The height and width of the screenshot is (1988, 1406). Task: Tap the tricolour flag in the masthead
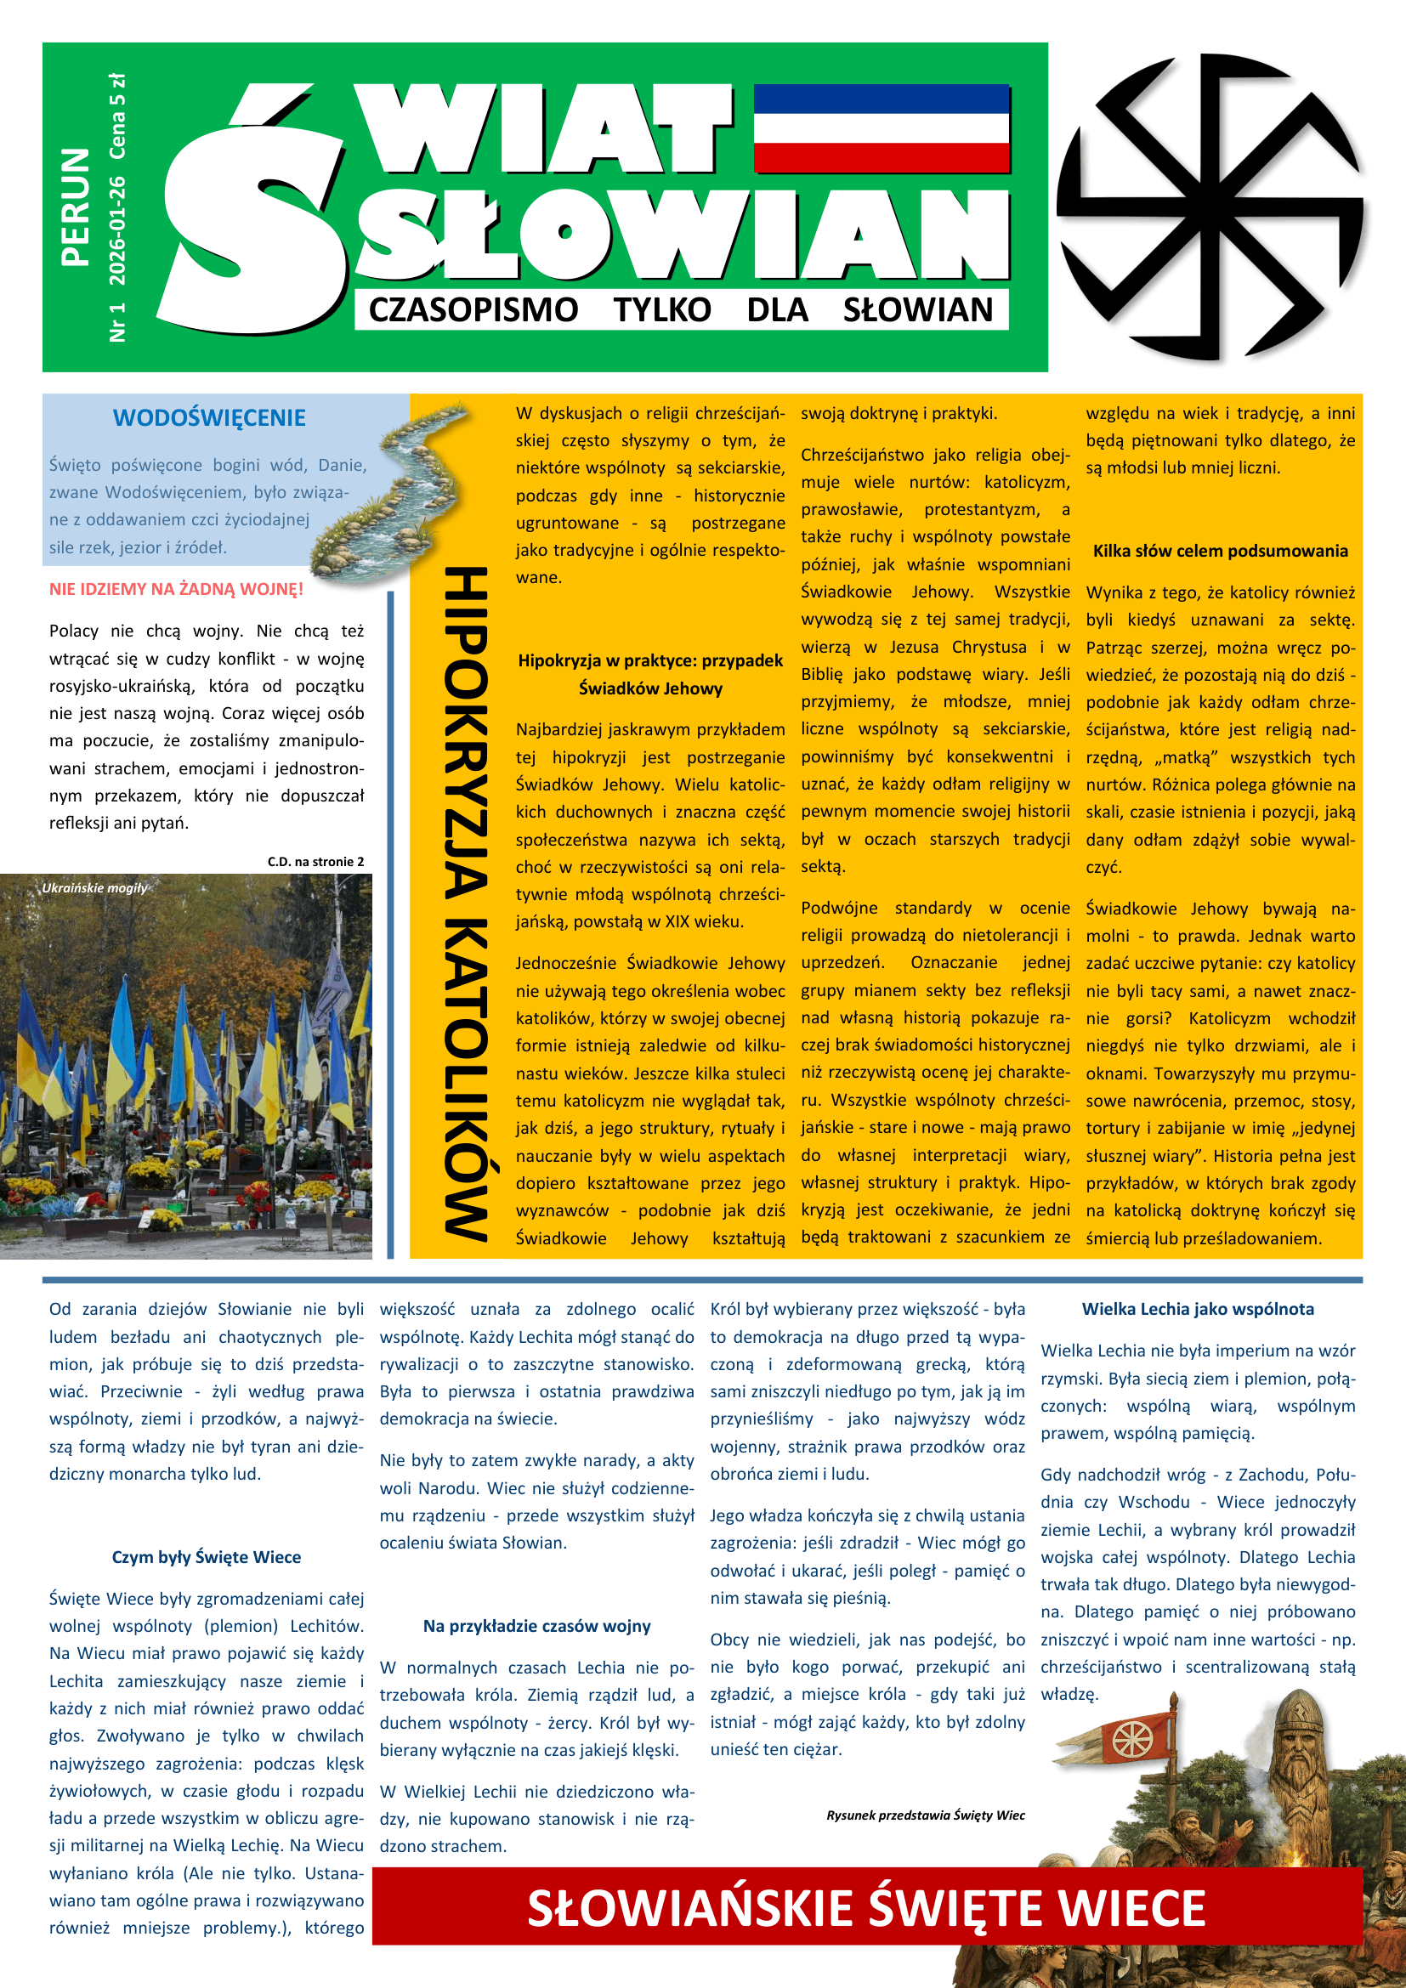pyautogui.click(x=881, y=128)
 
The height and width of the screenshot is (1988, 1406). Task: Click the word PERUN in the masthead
pyautogui.click(x=76, y=206)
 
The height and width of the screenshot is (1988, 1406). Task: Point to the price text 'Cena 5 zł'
pyautogui.click(x=116, y=116)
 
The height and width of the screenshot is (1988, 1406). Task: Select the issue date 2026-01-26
pyautogui.click(x=116, y=230)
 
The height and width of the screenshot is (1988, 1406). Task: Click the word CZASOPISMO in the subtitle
pyautogui.click(x=473, y=309)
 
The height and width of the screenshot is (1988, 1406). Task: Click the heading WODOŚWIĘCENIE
pyautogui.click(x=208, y=418)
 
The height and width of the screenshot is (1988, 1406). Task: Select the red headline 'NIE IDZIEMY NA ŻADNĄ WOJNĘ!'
pyautogui.click(x=176, y=590)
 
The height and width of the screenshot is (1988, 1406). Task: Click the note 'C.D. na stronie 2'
pyautogui.click(x=315, y=862)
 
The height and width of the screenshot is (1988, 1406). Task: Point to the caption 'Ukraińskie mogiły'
pyautogui.click(x=94, y=887)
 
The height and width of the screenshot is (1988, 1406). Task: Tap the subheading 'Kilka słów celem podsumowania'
pyautogui.click(x=1220, y=551)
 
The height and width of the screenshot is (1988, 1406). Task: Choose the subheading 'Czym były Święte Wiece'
pyautogui.click(x=206, y=1557)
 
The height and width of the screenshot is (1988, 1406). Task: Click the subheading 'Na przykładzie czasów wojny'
pyautogui.click(x=536, y=1626)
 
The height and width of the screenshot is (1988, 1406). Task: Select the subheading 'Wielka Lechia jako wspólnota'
pyautogui.click(x=1198, y=1309)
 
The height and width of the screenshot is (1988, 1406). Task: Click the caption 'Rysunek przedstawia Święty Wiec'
pyautogui.click(x=925, y=1815)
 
